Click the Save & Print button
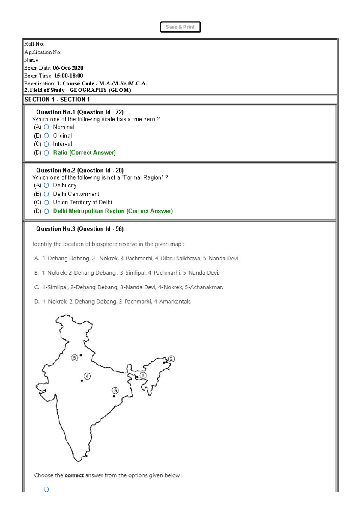(x=180, y=27)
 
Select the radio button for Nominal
(x=46, y=127)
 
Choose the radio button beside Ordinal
(x=46, y=136)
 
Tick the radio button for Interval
(x=46, y=144)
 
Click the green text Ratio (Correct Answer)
(x=84, y=153)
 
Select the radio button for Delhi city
(x=46, y=186)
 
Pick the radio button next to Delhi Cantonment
(x=46, y=194)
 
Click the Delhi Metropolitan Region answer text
(x=113, y=211)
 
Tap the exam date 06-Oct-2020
(x=68, y=68)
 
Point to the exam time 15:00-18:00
(x=69, y=76)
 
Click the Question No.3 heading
(x=80, y=229)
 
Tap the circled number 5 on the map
(x=75, y=358)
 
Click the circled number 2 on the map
(x=171, y=359)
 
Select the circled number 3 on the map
(x=115, y=390)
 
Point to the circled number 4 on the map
(x=87, y=376)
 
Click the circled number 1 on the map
(x=143, y=375)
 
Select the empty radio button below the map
(x=46, y=490)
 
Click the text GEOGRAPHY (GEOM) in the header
(x=100, y=90)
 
